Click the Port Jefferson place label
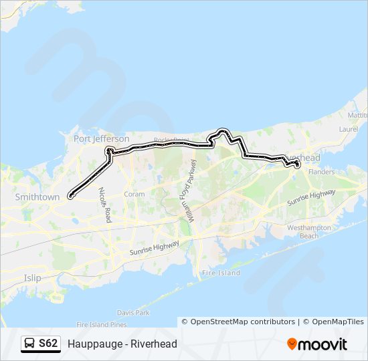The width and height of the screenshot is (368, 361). click(x=101, y=139)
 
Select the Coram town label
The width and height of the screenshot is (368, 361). click(x=134, y=195)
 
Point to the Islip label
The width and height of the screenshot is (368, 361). click(x=32, y=277)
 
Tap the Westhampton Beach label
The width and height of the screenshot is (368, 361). click(x=308, y=232)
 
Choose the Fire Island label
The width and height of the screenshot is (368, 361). click(x=221, y=273)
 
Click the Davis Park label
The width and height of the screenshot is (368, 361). click(x=133, y=312)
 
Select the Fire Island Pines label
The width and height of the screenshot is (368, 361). click(x=101, y=325)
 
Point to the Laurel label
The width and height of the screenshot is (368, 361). click(x=349, y=128)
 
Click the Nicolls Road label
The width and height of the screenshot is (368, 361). click(x=104, y=205)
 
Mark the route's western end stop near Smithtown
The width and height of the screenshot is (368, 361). click(x=70, y=197)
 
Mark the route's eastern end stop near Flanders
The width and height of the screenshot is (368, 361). click(x=298, y=164)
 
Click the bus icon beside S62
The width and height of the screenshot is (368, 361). click(x=29, y=344)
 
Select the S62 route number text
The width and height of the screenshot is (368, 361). click(x=48, y=344)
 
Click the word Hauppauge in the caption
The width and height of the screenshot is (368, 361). click(x=92, y=344)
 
